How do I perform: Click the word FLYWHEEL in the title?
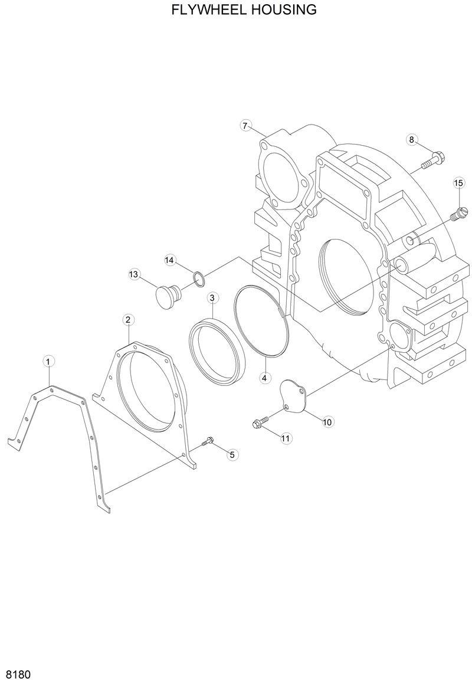pyautogui.click(x=205, y=10)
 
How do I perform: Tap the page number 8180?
pyautogui.click(x=18, y=674)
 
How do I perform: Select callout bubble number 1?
pyautogui.click(x=48, y=360)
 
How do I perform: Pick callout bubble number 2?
pyautogui.click(x=127, y=319)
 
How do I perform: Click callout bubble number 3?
pyautogui.click(x=212, y=297)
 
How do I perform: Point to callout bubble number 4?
pyautogui.click(x=264, y=377)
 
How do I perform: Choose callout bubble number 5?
pyautogui.click(x=231, y=454)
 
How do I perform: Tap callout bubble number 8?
pyautogui.click(x=412, y=139)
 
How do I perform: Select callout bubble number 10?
pyautogui.click(x=327, y=421)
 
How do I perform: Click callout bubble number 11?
pyautogui.click(x=286, y=438)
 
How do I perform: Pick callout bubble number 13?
pyautogui.click(x=134, y=274)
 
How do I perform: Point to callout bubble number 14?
pyautogui.click(x=169, y=260)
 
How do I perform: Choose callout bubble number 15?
pyautogui.click(x=458, y=183)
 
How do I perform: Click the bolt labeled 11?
pyautogui.click(x=259, y=421)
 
